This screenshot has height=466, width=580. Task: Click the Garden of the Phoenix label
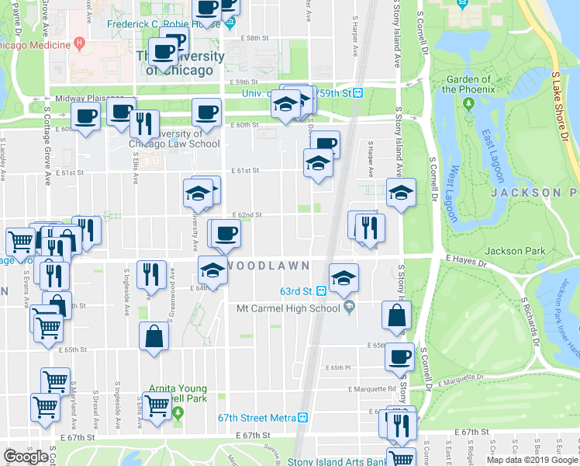click(468, 84)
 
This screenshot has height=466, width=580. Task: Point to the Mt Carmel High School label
click(288, 308)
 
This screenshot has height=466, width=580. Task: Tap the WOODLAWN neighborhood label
click(268, 266)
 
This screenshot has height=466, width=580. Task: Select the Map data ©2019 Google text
click(532, 460)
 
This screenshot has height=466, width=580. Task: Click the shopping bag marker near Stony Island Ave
click(397, 315)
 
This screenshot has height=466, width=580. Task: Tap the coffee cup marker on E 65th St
click(400, 356)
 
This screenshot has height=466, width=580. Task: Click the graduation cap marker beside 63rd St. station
click(342, 278)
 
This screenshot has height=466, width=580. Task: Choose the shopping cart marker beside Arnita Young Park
click(157, 404)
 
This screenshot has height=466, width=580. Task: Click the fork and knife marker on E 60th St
click(144, 123)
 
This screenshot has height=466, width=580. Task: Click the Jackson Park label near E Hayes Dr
click(515, 251)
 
